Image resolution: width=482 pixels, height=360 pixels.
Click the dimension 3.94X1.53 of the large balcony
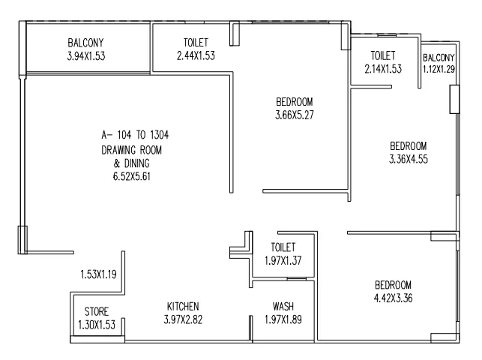tap(86, 56)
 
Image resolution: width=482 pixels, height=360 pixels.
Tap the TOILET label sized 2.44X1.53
tap(196, 43)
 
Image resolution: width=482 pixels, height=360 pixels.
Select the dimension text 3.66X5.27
tap(295, 115)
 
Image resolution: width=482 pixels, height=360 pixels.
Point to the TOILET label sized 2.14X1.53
tap(383, 55)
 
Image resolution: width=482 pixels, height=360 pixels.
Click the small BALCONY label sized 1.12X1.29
tap(439, 58)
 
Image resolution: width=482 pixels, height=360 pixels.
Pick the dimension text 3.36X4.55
tap(409, 159)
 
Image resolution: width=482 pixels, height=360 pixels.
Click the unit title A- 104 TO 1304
tap(135, 135)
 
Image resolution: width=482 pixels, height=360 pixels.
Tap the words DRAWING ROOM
tap(132, 150)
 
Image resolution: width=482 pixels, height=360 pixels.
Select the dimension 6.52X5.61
tap(132, 176)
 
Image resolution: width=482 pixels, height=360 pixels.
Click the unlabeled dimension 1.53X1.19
tap(98, 274)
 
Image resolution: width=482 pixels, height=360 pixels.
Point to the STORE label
tap(97, 311)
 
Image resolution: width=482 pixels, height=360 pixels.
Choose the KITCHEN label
tap(183, 307)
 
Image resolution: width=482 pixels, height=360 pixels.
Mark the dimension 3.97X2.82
tap(183, 319)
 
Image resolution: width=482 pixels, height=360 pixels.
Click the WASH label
tap(283, 307)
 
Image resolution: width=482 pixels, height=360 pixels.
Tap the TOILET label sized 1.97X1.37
tap(283, 247)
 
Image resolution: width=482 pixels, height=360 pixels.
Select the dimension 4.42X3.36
tap(393, 298)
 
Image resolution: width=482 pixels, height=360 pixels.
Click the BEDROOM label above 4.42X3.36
tap(393, 285)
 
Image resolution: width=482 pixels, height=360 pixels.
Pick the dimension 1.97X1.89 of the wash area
tap(283, 319)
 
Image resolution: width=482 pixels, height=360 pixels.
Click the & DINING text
tap(132, 163)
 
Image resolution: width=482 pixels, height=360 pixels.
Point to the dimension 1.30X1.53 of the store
tap(97, 325)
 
